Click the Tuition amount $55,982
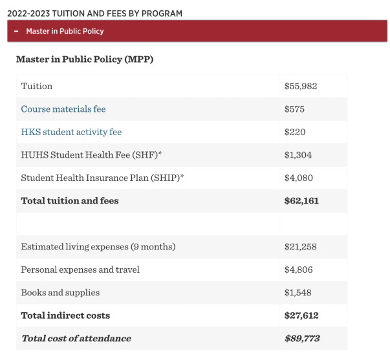301,86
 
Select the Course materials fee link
63,109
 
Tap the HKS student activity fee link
71,132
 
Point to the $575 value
294,109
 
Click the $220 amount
295,132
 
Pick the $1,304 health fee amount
298,155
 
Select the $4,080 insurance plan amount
299,178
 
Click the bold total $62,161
301,201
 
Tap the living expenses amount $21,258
301,247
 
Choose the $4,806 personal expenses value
298,270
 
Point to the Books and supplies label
60,293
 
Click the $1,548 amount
298,293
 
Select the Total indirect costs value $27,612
301,315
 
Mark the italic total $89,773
302,339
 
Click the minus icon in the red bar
16,31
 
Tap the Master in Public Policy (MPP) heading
85,59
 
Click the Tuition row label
37,86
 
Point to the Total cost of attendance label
76,339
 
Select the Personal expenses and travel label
80,270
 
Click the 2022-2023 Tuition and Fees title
95,14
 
